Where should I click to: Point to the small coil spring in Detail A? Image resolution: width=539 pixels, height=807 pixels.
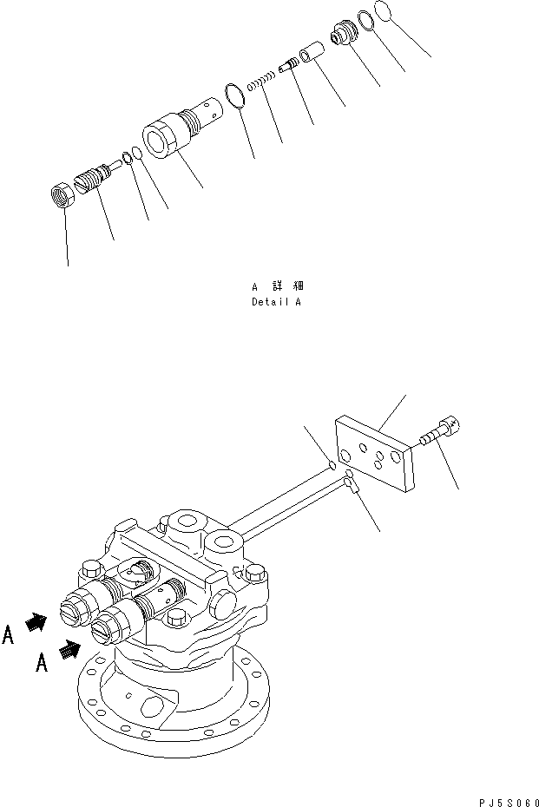(263, 82)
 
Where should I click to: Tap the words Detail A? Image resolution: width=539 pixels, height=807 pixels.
(276, 303)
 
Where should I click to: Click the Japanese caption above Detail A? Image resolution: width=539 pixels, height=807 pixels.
(276, 285)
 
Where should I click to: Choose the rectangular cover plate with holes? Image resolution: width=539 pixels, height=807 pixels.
(375, 455)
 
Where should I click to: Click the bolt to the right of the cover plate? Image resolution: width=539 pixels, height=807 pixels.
(441, 433)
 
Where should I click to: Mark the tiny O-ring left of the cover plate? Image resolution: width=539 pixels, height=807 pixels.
(332, 467)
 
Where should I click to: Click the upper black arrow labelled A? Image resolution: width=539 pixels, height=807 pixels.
(36, 622)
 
